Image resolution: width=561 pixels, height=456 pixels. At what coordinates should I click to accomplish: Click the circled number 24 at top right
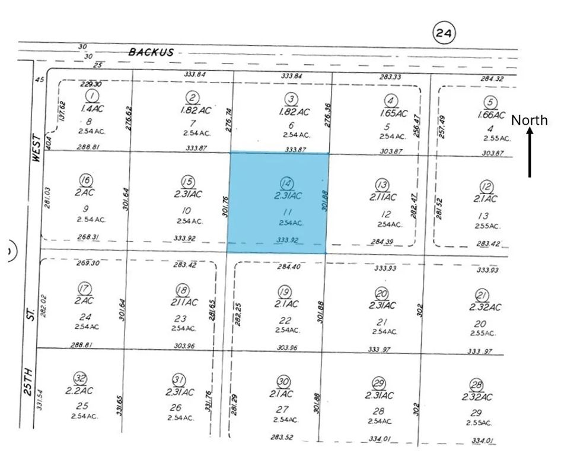[x=443, y=33]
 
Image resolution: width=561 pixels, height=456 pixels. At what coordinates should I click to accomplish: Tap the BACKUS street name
[x=151, y=52]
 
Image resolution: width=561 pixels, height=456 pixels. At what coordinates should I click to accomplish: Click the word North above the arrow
[x=530, y=121]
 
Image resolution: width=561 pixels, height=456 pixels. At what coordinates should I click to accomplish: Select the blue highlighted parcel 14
[x=278, y=202]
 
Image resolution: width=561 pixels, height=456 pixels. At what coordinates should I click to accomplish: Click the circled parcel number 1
[x=92, y=96]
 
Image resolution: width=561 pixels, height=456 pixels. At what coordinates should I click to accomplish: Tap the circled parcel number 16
[x=87, y=180]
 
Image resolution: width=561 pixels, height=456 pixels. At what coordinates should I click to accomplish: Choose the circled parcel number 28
[x=476, y=384]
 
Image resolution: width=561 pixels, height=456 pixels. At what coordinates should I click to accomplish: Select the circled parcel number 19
[x=285, y=291]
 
